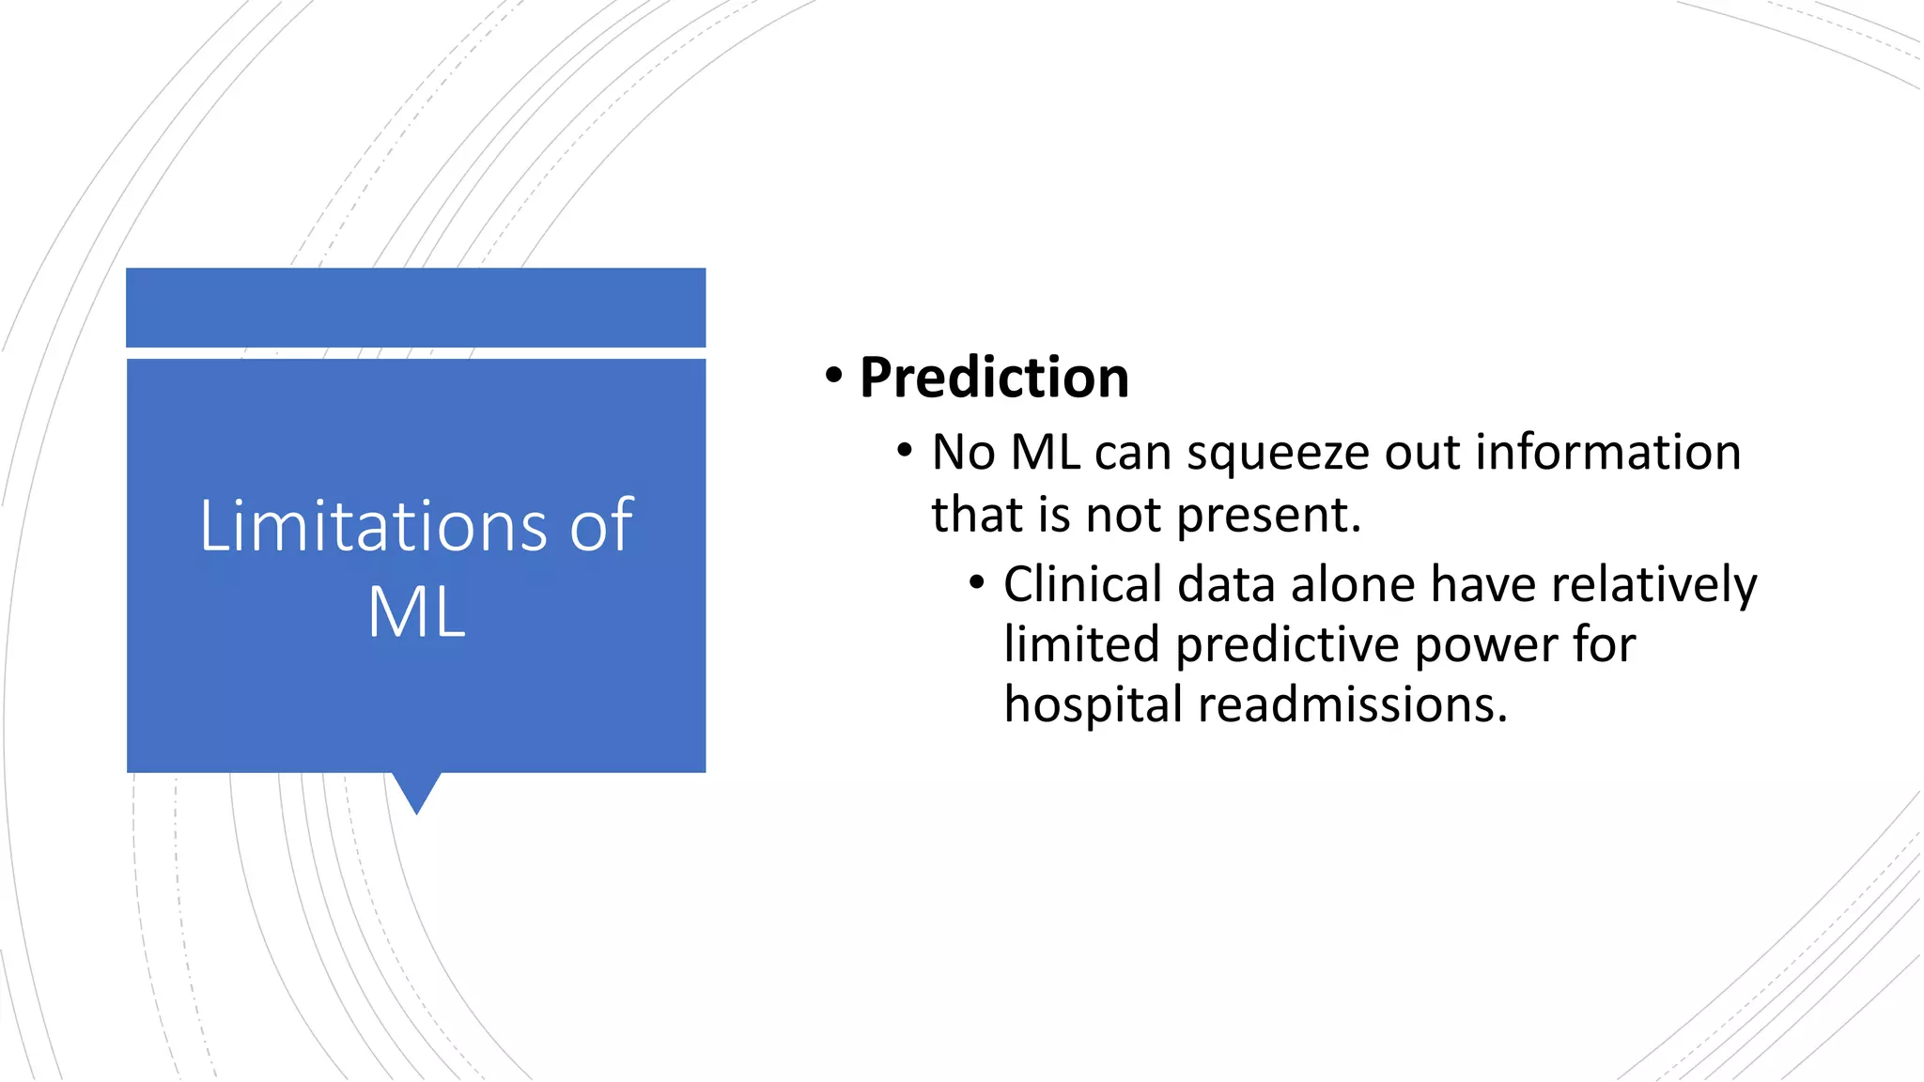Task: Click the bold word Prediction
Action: point(994,378)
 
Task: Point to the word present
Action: point(1267,516)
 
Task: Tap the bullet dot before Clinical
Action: point(977,583)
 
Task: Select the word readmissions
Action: point(1353,704)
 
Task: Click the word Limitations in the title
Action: point(373,525)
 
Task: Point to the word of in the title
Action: point(601,525)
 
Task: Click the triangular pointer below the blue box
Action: point(416,791)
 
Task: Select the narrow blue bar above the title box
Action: point(416,307)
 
